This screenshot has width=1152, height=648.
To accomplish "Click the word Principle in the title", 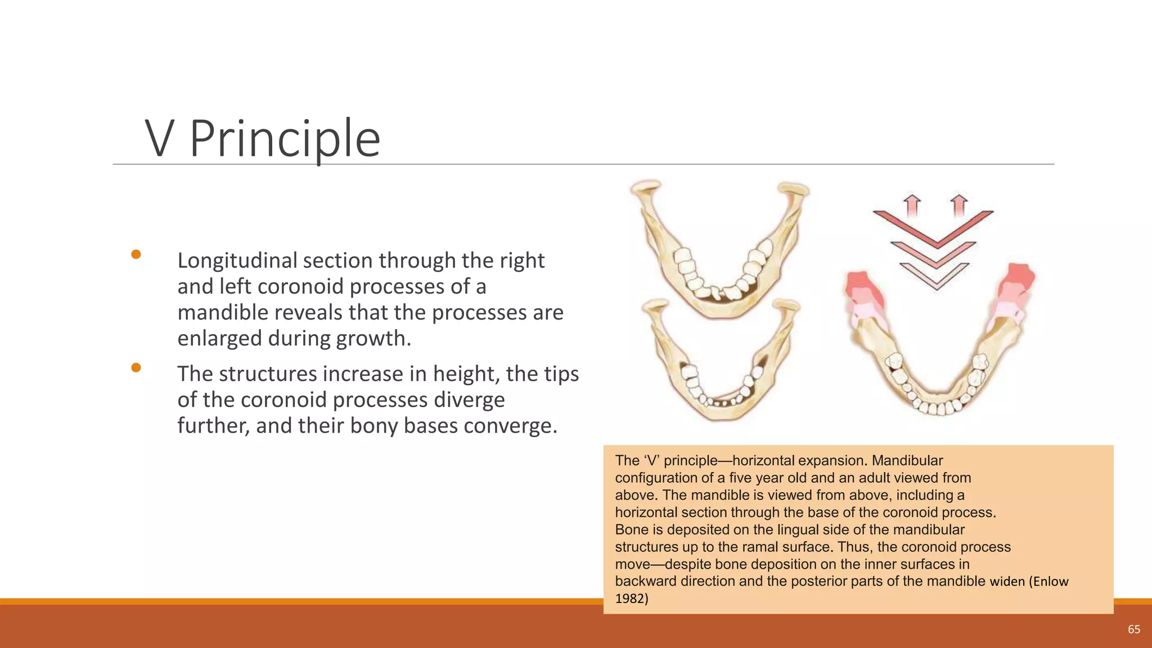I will click(x=285, y=138).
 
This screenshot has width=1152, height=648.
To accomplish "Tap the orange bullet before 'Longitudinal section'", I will click(x=136, y=254).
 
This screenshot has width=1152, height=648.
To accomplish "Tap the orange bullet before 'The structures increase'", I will click(x=136, y=368).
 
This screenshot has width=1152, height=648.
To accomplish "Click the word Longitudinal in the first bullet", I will click(x=237, y=260).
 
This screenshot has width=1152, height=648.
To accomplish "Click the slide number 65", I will click(x=1133, y=629).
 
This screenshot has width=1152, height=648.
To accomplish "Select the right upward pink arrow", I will click(x=959, y=205).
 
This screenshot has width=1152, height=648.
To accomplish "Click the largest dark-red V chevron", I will click(x=934, y=228).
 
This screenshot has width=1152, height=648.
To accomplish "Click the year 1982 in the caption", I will click(x=631, y=598).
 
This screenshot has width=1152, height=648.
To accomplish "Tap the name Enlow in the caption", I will click(x=1050, y=582).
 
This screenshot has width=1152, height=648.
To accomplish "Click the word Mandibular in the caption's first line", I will click(x=907, y=461).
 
